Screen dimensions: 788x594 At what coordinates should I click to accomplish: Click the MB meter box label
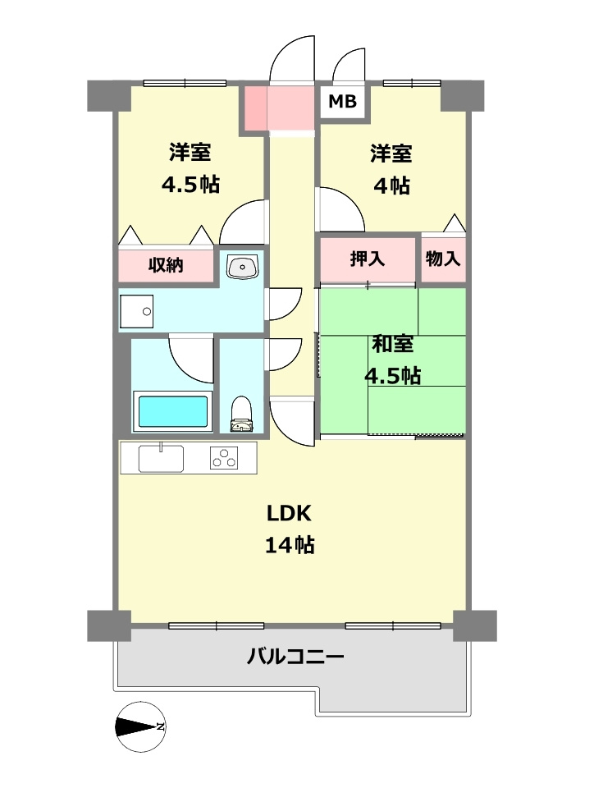(343, 102)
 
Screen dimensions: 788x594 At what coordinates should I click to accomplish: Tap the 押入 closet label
(368, 259)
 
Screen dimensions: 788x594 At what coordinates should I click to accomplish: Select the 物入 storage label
(443, 259)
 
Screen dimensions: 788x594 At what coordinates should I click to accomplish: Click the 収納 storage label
(166, 265)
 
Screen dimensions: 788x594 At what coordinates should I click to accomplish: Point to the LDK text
(289, 514)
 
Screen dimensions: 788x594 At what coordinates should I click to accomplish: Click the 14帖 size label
(290, 544)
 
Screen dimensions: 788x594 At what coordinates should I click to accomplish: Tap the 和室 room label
(392, 344)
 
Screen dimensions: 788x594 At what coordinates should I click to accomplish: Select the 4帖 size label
(391, 186)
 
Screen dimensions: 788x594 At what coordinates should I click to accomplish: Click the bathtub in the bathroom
(172, 410)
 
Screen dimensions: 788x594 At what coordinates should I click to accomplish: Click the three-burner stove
(224, 457)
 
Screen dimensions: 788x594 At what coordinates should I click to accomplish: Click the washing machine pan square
(136, 311)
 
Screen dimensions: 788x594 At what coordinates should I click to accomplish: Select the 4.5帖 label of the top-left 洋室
(190, 184)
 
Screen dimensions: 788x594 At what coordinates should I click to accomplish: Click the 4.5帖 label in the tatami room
(392, 376)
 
